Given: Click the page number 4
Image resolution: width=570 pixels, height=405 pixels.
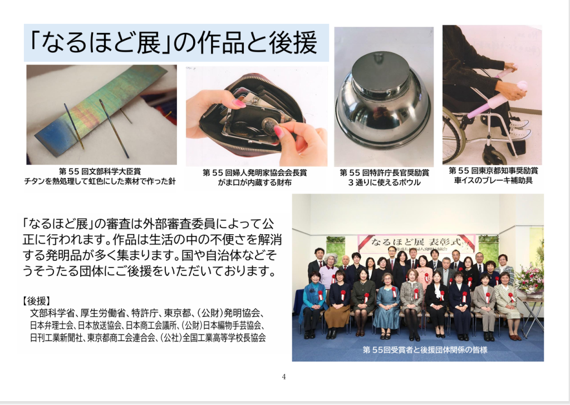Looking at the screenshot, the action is (284, 377).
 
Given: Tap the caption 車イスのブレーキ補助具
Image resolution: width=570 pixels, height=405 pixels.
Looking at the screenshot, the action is (493, 180).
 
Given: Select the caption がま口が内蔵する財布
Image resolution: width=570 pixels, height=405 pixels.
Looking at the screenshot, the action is (255, 182).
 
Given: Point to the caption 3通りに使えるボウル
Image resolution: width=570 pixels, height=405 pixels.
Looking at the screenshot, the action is (384, 182).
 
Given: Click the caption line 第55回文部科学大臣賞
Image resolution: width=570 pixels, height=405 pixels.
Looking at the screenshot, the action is (100, 171).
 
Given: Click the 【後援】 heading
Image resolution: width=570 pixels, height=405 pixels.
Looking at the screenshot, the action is (36, 301).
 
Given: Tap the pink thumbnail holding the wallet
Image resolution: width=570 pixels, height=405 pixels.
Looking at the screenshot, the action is (239, 103).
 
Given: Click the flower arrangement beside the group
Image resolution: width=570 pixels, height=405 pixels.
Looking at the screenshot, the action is (530, 276).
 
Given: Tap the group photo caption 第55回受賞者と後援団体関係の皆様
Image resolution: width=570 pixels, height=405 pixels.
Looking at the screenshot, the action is (425, 349).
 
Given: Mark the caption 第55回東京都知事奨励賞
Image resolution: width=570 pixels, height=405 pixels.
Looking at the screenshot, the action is (493, 170).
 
